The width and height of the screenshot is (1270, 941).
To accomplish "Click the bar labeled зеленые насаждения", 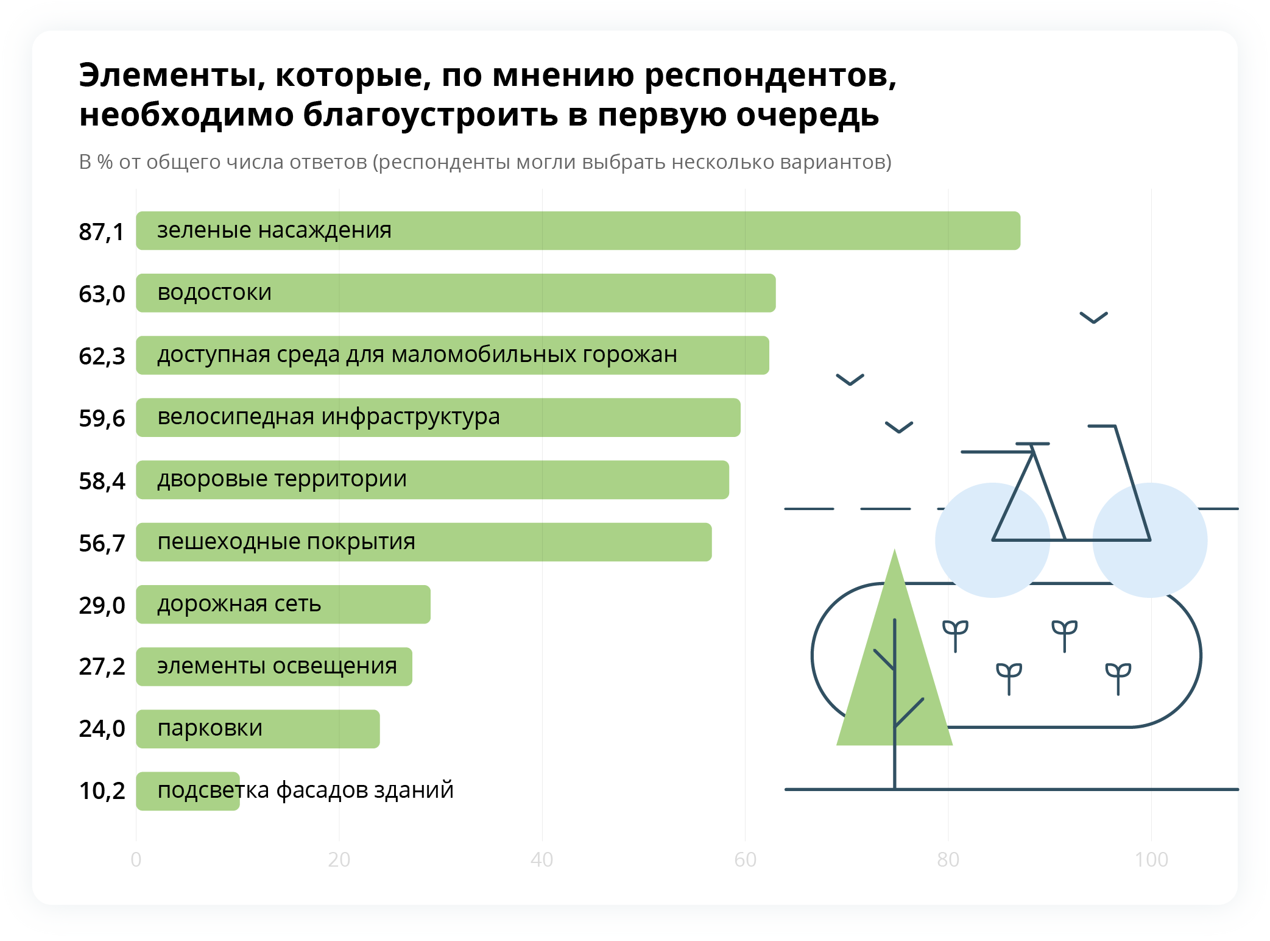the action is (578, 230).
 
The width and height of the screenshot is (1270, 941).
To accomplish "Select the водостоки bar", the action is (456, 293).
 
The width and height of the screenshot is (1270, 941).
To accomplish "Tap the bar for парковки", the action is (258, 729).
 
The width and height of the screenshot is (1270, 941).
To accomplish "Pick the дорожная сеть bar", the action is (283, 604).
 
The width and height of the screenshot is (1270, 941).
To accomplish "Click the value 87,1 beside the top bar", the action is (101, 232).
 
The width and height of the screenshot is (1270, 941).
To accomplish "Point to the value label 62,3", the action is (102, 357).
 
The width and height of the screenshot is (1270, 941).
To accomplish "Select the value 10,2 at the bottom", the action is (102, 791).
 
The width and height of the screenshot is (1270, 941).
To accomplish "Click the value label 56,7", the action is (102, 544).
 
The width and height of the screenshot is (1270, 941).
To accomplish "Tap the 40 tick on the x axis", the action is (542, 859).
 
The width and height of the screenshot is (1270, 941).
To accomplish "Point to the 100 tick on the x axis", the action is (1151, 859).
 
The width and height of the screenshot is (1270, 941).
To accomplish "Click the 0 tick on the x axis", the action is (136, 859).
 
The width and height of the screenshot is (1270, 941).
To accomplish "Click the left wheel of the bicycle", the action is (992, 540).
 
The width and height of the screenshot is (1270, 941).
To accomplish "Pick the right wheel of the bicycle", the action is (1150, 540).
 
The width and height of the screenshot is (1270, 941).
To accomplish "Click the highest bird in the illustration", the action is (1093, 318).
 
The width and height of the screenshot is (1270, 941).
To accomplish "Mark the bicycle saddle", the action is (1032, 444).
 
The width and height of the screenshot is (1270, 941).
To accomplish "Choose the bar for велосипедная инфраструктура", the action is (438, 417).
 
